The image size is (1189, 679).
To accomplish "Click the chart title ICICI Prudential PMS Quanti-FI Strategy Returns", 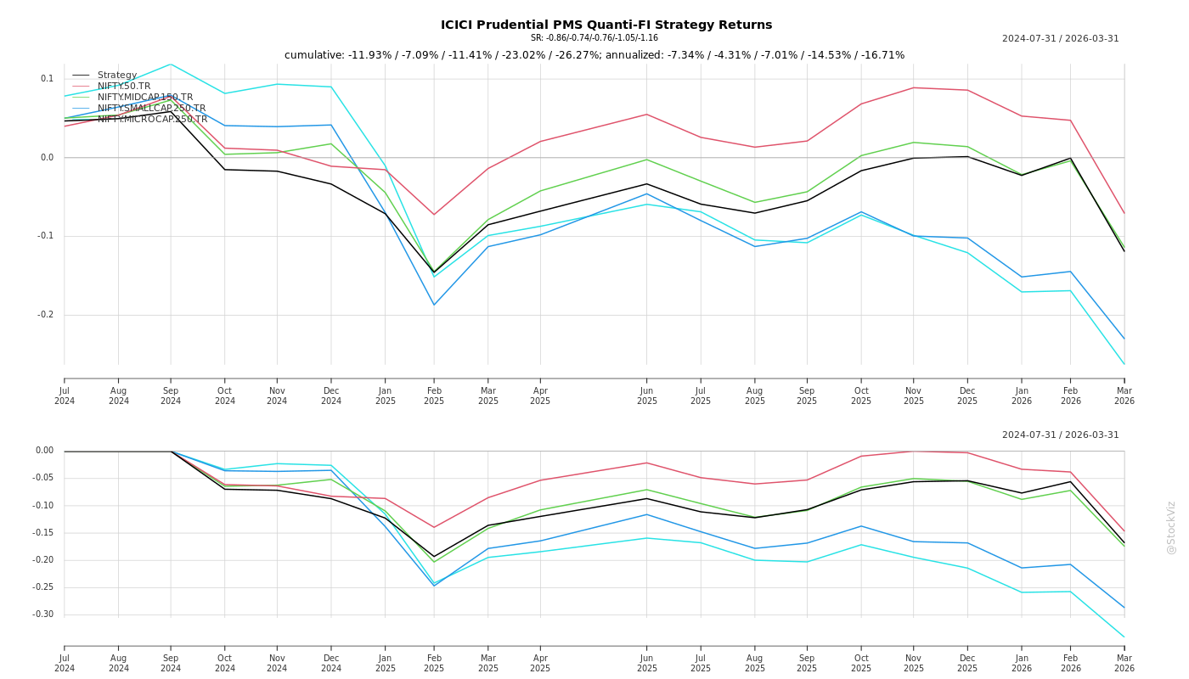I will click(606, 25).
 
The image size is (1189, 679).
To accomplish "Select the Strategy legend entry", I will click(116, 76).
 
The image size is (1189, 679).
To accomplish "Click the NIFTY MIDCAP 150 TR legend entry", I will click(144, 98).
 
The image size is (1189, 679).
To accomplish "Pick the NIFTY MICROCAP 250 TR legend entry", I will click(152, 120).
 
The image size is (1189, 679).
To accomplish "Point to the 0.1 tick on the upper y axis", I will click(47, 79).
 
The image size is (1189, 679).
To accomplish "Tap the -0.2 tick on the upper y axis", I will click(45, 315).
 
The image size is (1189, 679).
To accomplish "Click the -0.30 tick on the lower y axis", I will click(44, 614).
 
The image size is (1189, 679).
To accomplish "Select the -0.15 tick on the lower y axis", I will click(44, 533).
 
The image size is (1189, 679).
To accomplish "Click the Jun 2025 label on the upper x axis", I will click(647, 396).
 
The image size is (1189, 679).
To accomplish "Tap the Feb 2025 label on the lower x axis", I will click(434, 663).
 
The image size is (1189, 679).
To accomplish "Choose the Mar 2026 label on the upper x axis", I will click(1124, 396).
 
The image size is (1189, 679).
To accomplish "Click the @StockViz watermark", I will click(1171, 527).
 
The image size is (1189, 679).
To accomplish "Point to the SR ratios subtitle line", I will click(594, 38).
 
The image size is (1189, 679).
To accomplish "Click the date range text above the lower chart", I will click(1060, 435).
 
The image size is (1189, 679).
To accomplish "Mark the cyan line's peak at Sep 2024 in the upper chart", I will click(171, 65).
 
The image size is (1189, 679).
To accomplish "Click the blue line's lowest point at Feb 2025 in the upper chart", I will click(434, 305).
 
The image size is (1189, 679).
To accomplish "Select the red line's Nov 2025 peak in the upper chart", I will click(914, 87).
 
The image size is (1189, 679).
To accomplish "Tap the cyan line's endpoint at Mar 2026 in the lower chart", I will click(1124, 637).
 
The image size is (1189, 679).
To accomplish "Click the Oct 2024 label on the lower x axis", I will click(225, 663).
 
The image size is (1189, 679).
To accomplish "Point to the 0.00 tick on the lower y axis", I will click(44, 451).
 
